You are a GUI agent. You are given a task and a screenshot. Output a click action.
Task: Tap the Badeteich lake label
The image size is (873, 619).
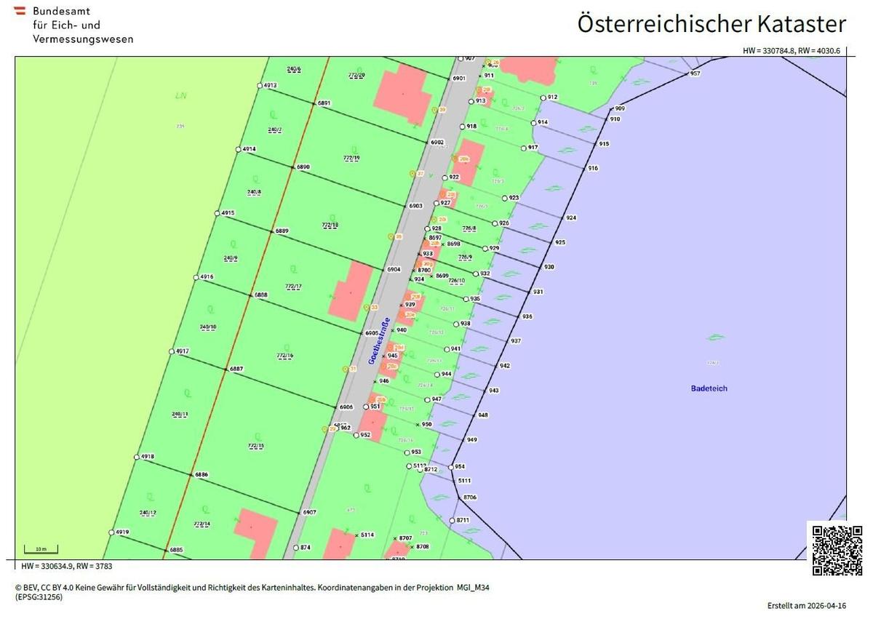(x=709, y=388)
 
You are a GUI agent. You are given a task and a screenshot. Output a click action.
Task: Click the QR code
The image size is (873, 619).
(x=837, y=550)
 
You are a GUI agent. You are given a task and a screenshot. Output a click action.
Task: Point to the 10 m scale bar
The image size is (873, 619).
(x=41, y=550)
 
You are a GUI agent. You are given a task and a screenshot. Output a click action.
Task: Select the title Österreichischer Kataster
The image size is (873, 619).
(x=711, y=23)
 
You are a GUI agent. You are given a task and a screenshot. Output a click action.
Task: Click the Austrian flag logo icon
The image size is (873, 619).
(x=20, y=12)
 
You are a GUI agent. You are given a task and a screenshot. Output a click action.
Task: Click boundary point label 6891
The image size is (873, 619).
(x=324, y=103)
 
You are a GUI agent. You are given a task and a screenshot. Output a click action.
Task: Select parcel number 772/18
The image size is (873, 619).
(x=330, y=225)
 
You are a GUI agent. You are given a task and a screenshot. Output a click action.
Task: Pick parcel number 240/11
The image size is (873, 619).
(x=180, y=414)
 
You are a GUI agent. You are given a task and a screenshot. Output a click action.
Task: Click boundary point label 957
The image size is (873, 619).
(x=695, y=73)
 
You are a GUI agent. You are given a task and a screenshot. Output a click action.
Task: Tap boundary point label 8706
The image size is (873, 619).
(x=469, y=497)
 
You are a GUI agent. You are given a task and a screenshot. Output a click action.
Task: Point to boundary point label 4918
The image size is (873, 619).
(x=147, y=457)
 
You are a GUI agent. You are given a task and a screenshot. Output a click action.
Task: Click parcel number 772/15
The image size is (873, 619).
(x=256, y=445)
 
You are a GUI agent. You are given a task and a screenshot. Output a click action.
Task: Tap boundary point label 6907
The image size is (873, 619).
(x=309, y=512)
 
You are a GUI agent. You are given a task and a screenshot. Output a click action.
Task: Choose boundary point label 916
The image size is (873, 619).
(x=593, y=168)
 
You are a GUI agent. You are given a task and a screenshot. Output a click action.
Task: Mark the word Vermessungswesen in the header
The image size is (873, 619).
(x=83, y=39)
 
